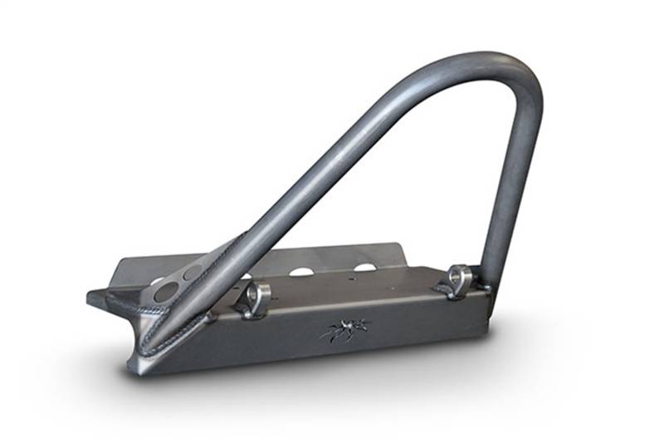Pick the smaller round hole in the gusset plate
tap(193, 272)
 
